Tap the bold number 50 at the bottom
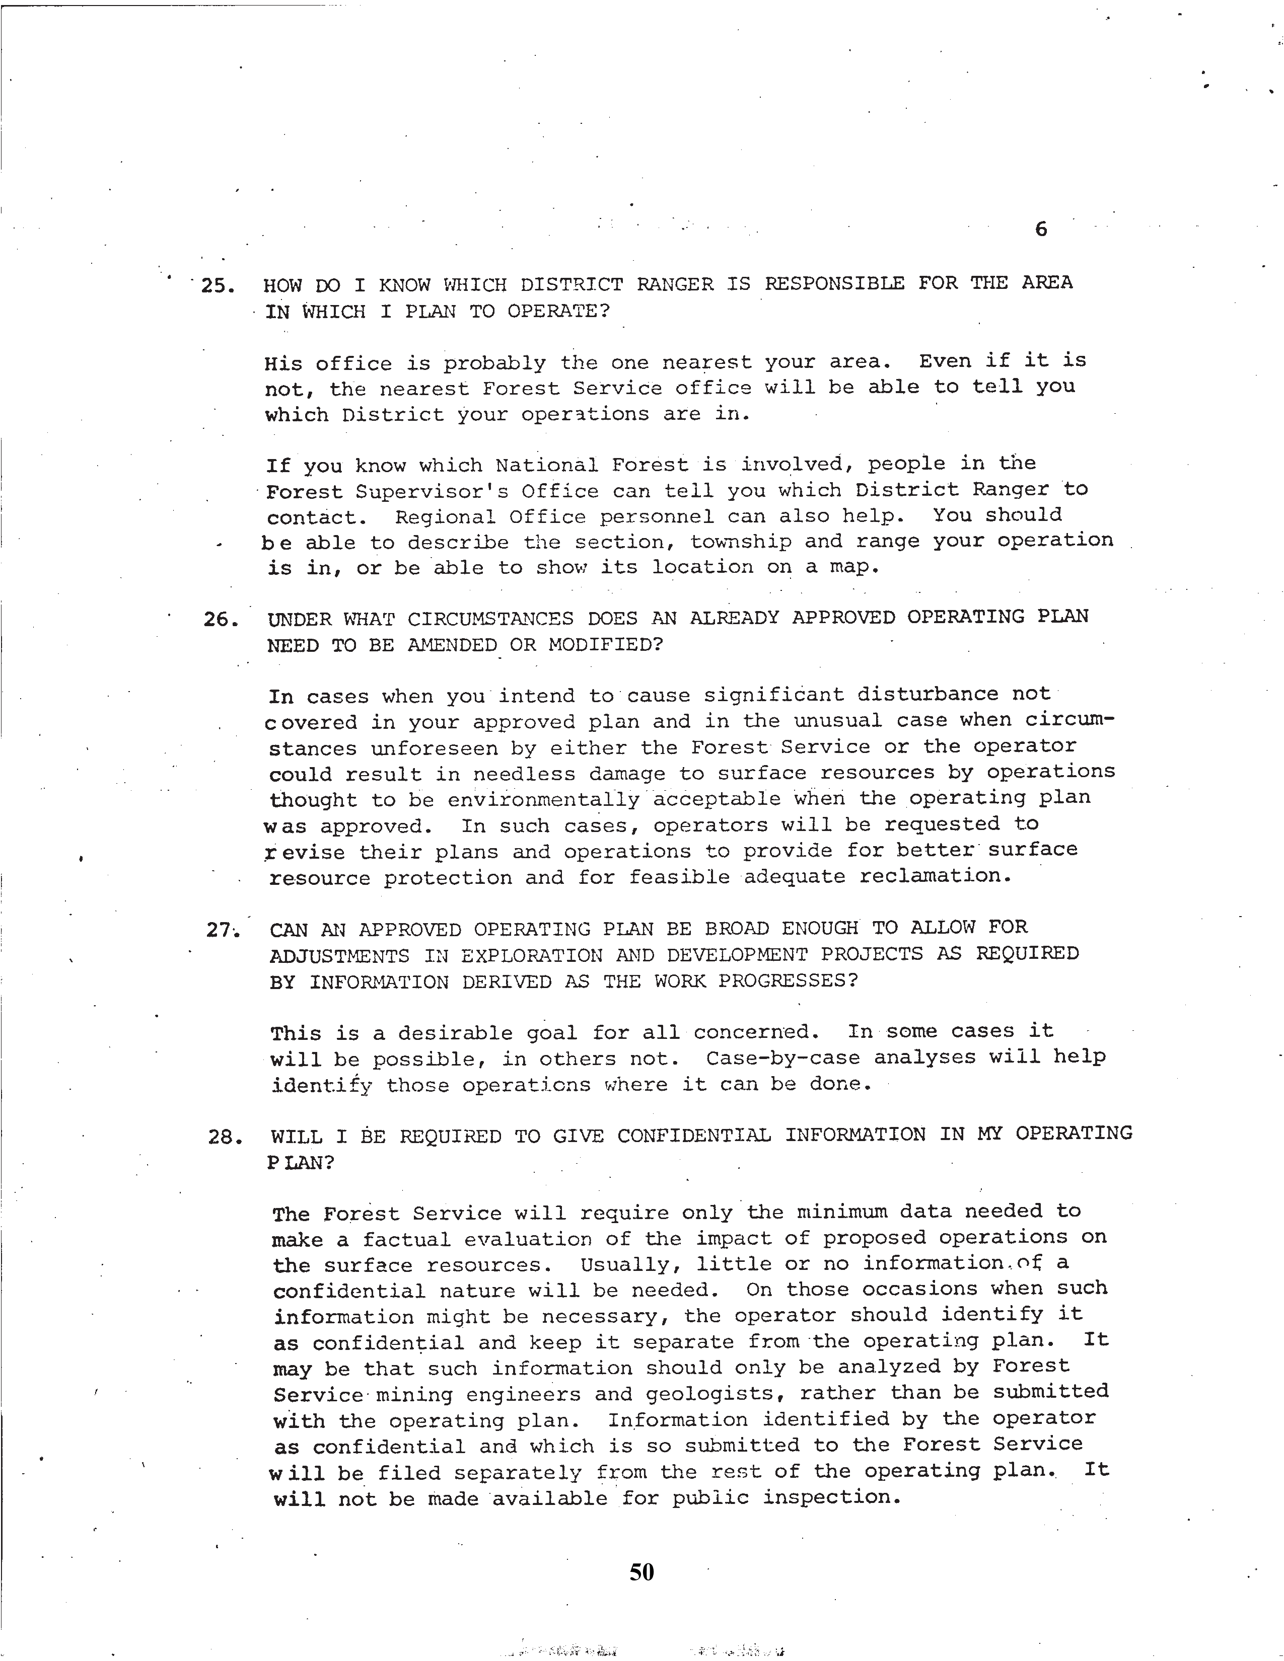(x=641, y=1571)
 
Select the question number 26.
(x=222, y=620)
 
